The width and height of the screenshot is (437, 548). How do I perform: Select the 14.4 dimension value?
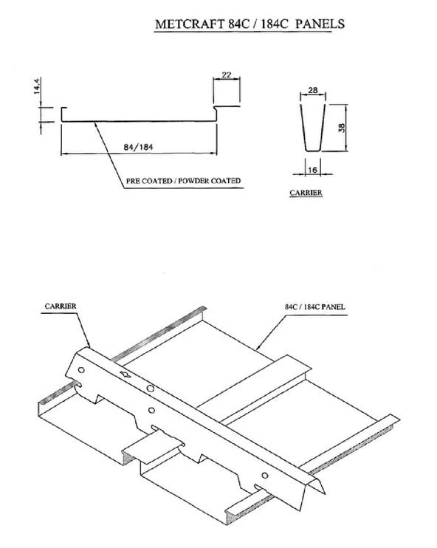[x=38, y=86]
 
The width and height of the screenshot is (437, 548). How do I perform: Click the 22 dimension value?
[x=227, y=75]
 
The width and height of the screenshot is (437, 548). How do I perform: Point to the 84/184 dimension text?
[x=138, y=147]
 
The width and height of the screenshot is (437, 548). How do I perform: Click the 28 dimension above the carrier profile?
[x=313, y=90]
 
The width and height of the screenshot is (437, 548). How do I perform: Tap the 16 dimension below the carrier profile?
[x=313, y=170]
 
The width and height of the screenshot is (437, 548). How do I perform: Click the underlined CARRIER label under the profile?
[x=306, y=193]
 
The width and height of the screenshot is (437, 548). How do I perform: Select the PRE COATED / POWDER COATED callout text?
[x=183, y=181]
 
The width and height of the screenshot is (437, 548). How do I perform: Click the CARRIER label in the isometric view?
[x=61, y=306]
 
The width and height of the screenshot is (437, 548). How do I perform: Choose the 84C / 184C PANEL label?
[x=314, y=306]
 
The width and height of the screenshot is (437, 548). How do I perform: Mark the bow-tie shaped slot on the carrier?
[x=125, y=374]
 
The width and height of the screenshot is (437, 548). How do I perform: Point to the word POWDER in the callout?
[x=193, y=181]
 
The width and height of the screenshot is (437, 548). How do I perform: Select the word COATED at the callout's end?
[x=226, y=181]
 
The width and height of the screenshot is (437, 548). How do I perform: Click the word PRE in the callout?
[x=133, y=181]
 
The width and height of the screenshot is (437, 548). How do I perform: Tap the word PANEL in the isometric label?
[x=333, y=306]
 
